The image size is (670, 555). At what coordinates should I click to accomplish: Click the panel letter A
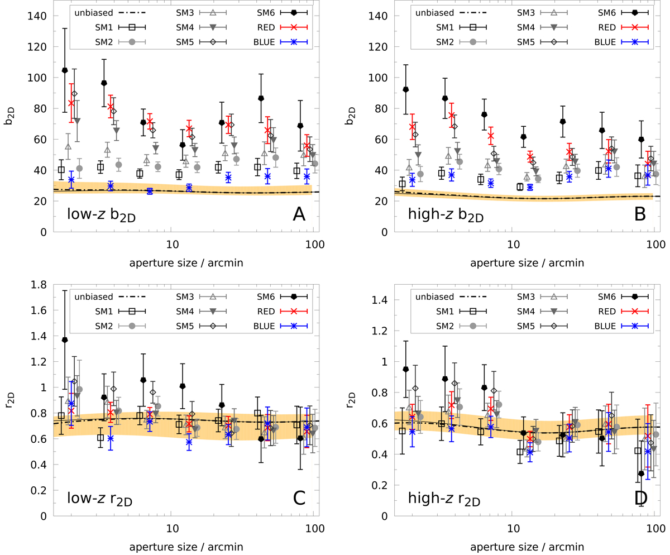tap(300, 214)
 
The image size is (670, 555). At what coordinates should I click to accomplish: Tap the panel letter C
tap(300, 497)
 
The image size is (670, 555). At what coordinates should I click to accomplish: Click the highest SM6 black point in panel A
tap(64, 70)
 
